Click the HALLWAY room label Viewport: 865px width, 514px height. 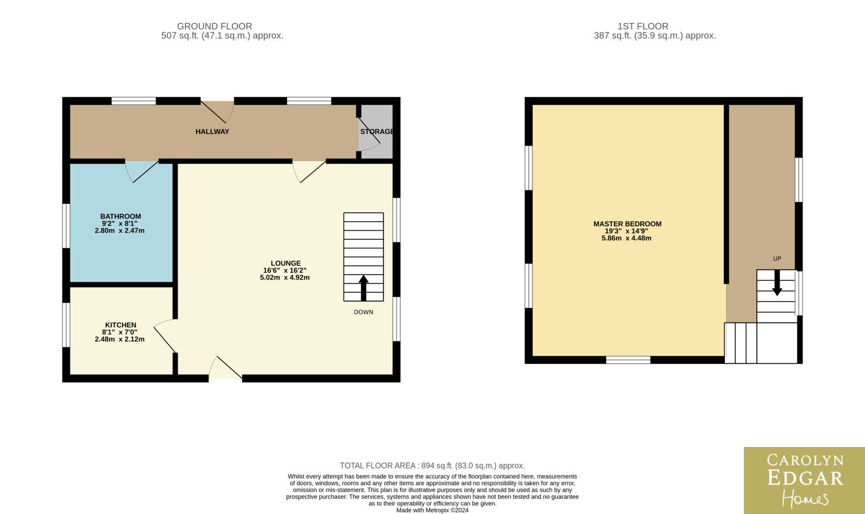212,132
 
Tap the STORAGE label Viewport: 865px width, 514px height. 377,132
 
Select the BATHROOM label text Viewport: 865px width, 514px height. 121,216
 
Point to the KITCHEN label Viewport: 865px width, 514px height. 121,325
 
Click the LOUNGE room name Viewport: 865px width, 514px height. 285,263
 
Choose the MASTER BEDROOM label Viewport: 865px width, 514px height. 627,224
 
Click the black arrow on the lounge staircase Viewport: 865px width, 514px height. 363,288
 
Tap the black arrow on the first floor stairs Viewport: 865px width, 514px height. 777,283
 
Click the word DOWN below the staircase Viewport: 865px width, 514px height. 363,312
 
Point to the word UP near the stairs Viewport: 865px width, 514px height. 777,259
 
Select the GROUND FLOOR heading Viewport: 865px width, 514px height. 215,27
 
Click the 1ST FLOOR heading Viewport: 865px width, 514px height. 642,27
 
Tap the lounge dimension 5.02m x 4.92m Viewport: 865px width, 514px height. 285,277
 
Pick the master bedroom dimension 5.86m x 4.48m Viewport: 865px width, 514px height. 626,238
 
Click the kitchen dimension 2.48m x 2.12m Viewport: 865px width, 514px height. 120,339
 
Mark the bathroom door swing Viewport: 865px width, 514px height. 141,172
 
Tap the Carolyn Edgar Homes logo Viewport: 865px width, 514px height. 804,481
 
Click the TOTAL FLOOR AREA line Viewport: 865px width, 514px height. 432,465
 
